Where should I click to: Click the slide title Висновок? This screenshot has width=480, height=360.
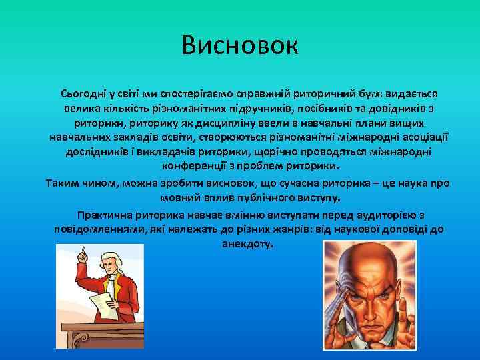241,47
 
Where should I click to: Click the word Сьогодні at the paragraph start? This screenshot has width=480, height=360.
83,95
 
